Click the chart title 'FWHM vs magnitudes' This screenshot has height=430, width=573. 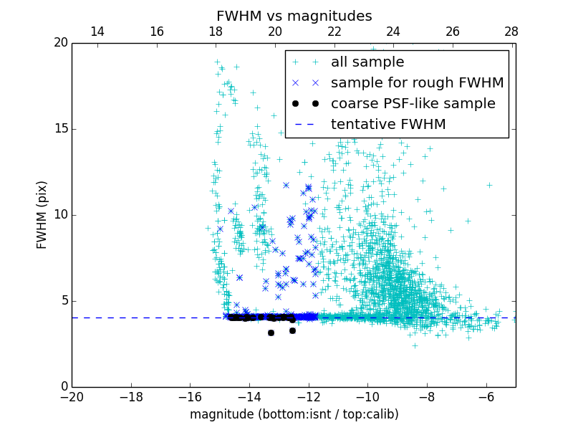click(294, 16)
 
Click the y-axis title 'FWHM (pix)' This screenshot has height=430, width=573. click(42, 214)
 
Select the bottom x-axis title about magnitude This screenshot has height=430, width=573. click(294, 414)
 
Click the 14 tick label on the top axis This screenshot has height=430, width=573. click(97, 32)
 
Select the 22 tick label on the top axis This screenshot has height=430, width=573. click(334, 32)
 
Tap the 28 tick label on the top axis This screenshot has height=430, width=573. click(511, 32)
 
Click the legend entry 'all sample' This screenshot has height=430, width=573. click(367, 62)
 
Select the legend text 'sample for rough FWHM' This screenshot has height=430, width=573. click(417, 83)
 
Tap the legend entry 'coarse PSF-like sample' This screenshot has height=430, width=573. click(413, 104)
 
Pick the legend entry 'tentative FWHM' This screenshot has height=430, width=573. click(388, 125)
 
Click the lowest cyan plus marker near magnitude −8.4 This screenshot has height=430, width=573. click(414, 345)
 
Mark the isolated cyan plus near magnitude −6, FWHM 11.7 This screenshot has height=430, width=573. click(489, 185)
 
